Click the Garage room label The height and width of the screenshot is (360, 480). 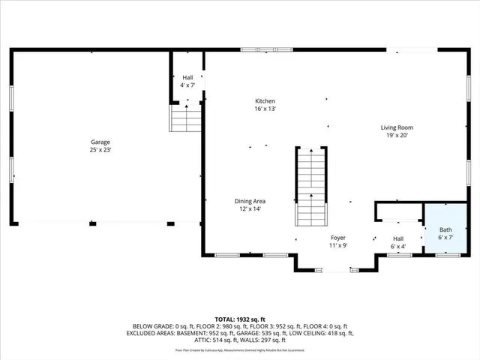(x=101, y=142)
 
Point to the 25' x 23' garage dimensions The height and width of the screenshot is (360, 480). (x=101, y=150)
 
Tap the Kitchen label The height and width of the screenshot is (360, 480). (x=265, y=101)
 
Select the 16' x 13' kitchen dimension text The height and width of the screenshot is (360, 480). (x=265, y=109)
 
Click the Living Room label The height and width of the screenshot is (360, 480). (x=397, y=127)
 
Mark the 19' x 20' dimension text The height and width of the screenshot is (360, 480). (x=397, y=136)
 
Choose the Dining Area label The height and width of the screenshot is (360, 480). (x=250, y=201)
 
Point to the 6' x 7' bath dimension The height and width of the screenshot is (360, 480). (x=445, y=238)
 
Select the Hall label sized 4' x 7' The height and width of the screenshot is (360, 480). (x=187, y=78)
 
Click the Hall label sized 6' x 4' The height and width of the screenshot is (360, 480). (x=397, y=238)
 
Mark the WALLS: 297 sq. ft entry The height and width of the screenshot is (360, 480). (x=238, y=339)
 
